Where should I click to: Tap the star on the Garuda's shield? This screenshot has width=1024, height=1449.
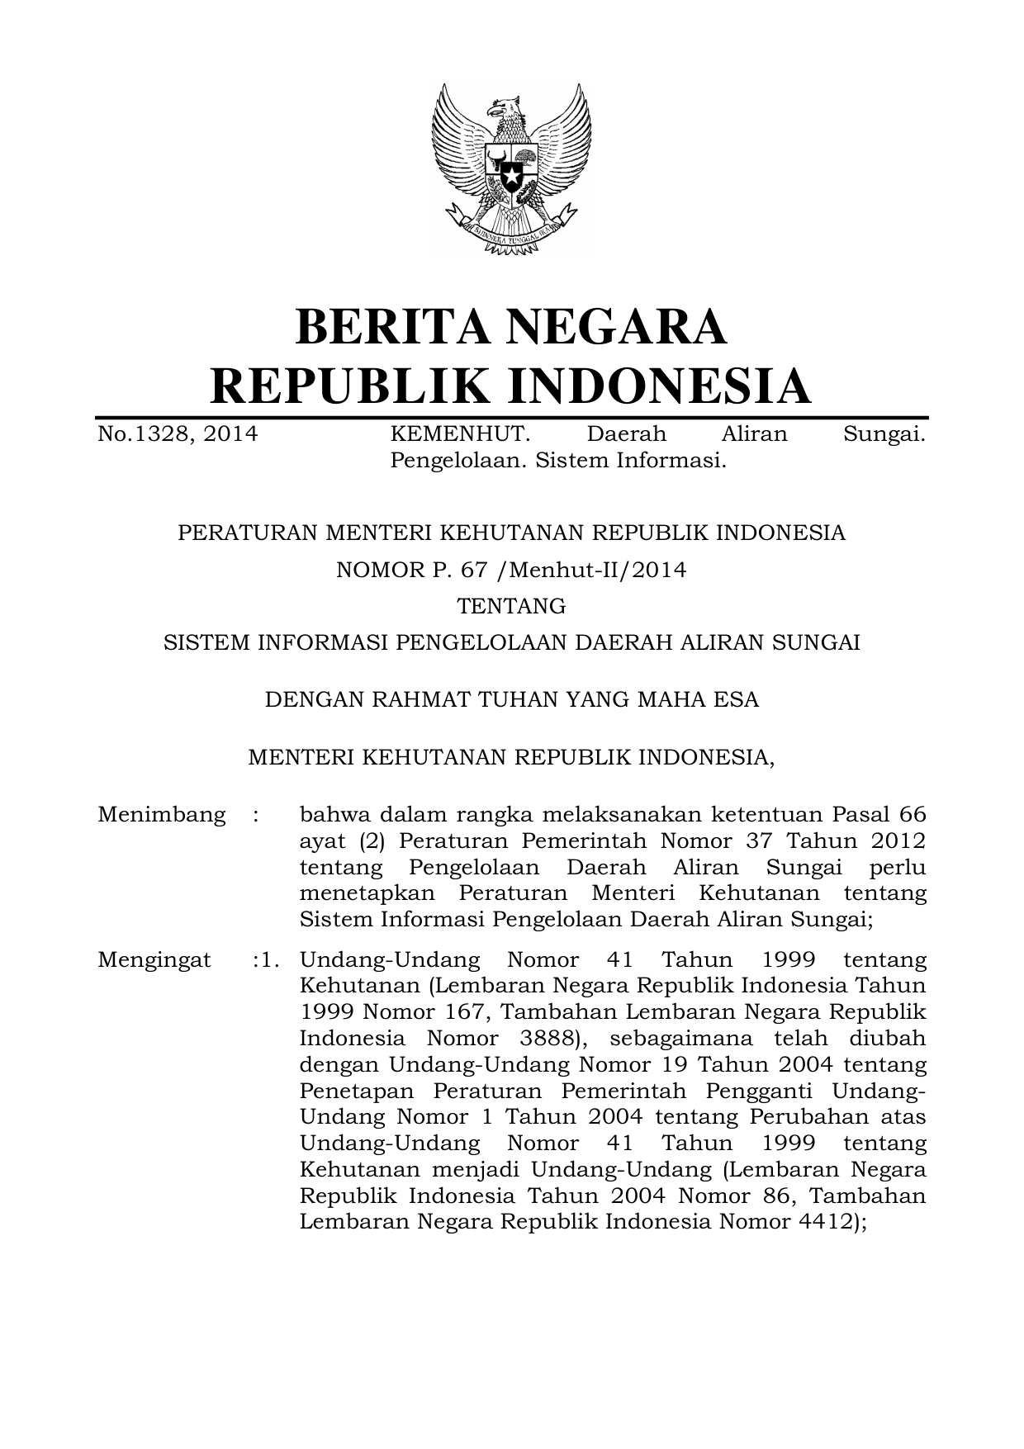[511, 175]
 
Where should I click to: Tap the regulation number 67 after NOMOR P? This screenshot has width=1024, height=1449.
[475, 570]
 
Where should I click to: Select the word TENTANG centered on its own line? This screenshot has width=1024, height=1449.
[512, 606]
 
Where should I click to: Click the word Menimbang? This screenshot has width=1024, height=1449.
[161, 815]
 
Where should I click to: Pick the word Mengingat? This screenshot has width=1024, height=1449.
[154, 960]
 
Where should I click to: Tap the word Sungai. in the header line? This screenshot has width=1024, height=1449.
[884, 433]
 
